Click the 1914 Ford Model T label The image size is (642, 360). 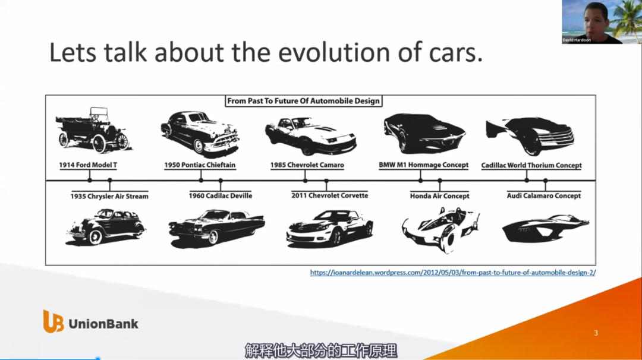[x=88, y=165]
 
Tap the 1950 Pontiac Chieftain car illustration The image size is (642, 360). [x=200, y=134]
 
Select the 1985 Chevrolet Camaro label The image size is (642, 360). [x=307, y=165]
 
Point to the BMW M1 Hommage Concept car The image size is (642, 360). [x=424, y=133]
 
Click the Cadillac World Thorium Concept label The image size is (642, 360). [x=531, y=165]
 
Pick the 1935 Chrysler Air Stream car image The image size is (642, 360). [x=106, y=227]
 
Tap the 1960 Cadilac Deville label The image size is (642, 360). [x=221, y=196]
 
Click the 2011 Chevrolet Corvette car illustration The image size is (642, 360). [x=329, y=228]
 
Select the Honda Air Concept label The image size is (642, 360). [x=440, y=196]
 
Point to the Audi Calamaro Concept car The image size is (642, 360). [x=546, y=228]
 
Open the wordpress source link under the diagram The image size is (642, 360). [x=453, y=273]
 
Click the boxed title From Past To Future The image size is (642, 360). [x=303, y=101]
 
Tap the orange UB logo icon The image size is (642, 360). [x=53, y=321]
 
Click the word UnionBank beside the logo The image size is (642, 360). [x=103, y=324]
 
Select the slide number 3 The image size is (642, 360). [x=596, y=333]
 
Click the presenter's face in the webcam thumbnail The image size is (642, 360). [x=595, y=20]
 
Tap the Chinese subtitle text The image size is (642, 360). [x=321, y=350]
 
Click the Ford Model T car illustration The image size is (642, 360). [x=93, y=130]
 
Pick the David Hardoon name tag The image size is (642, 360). [x=577, y=40]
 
